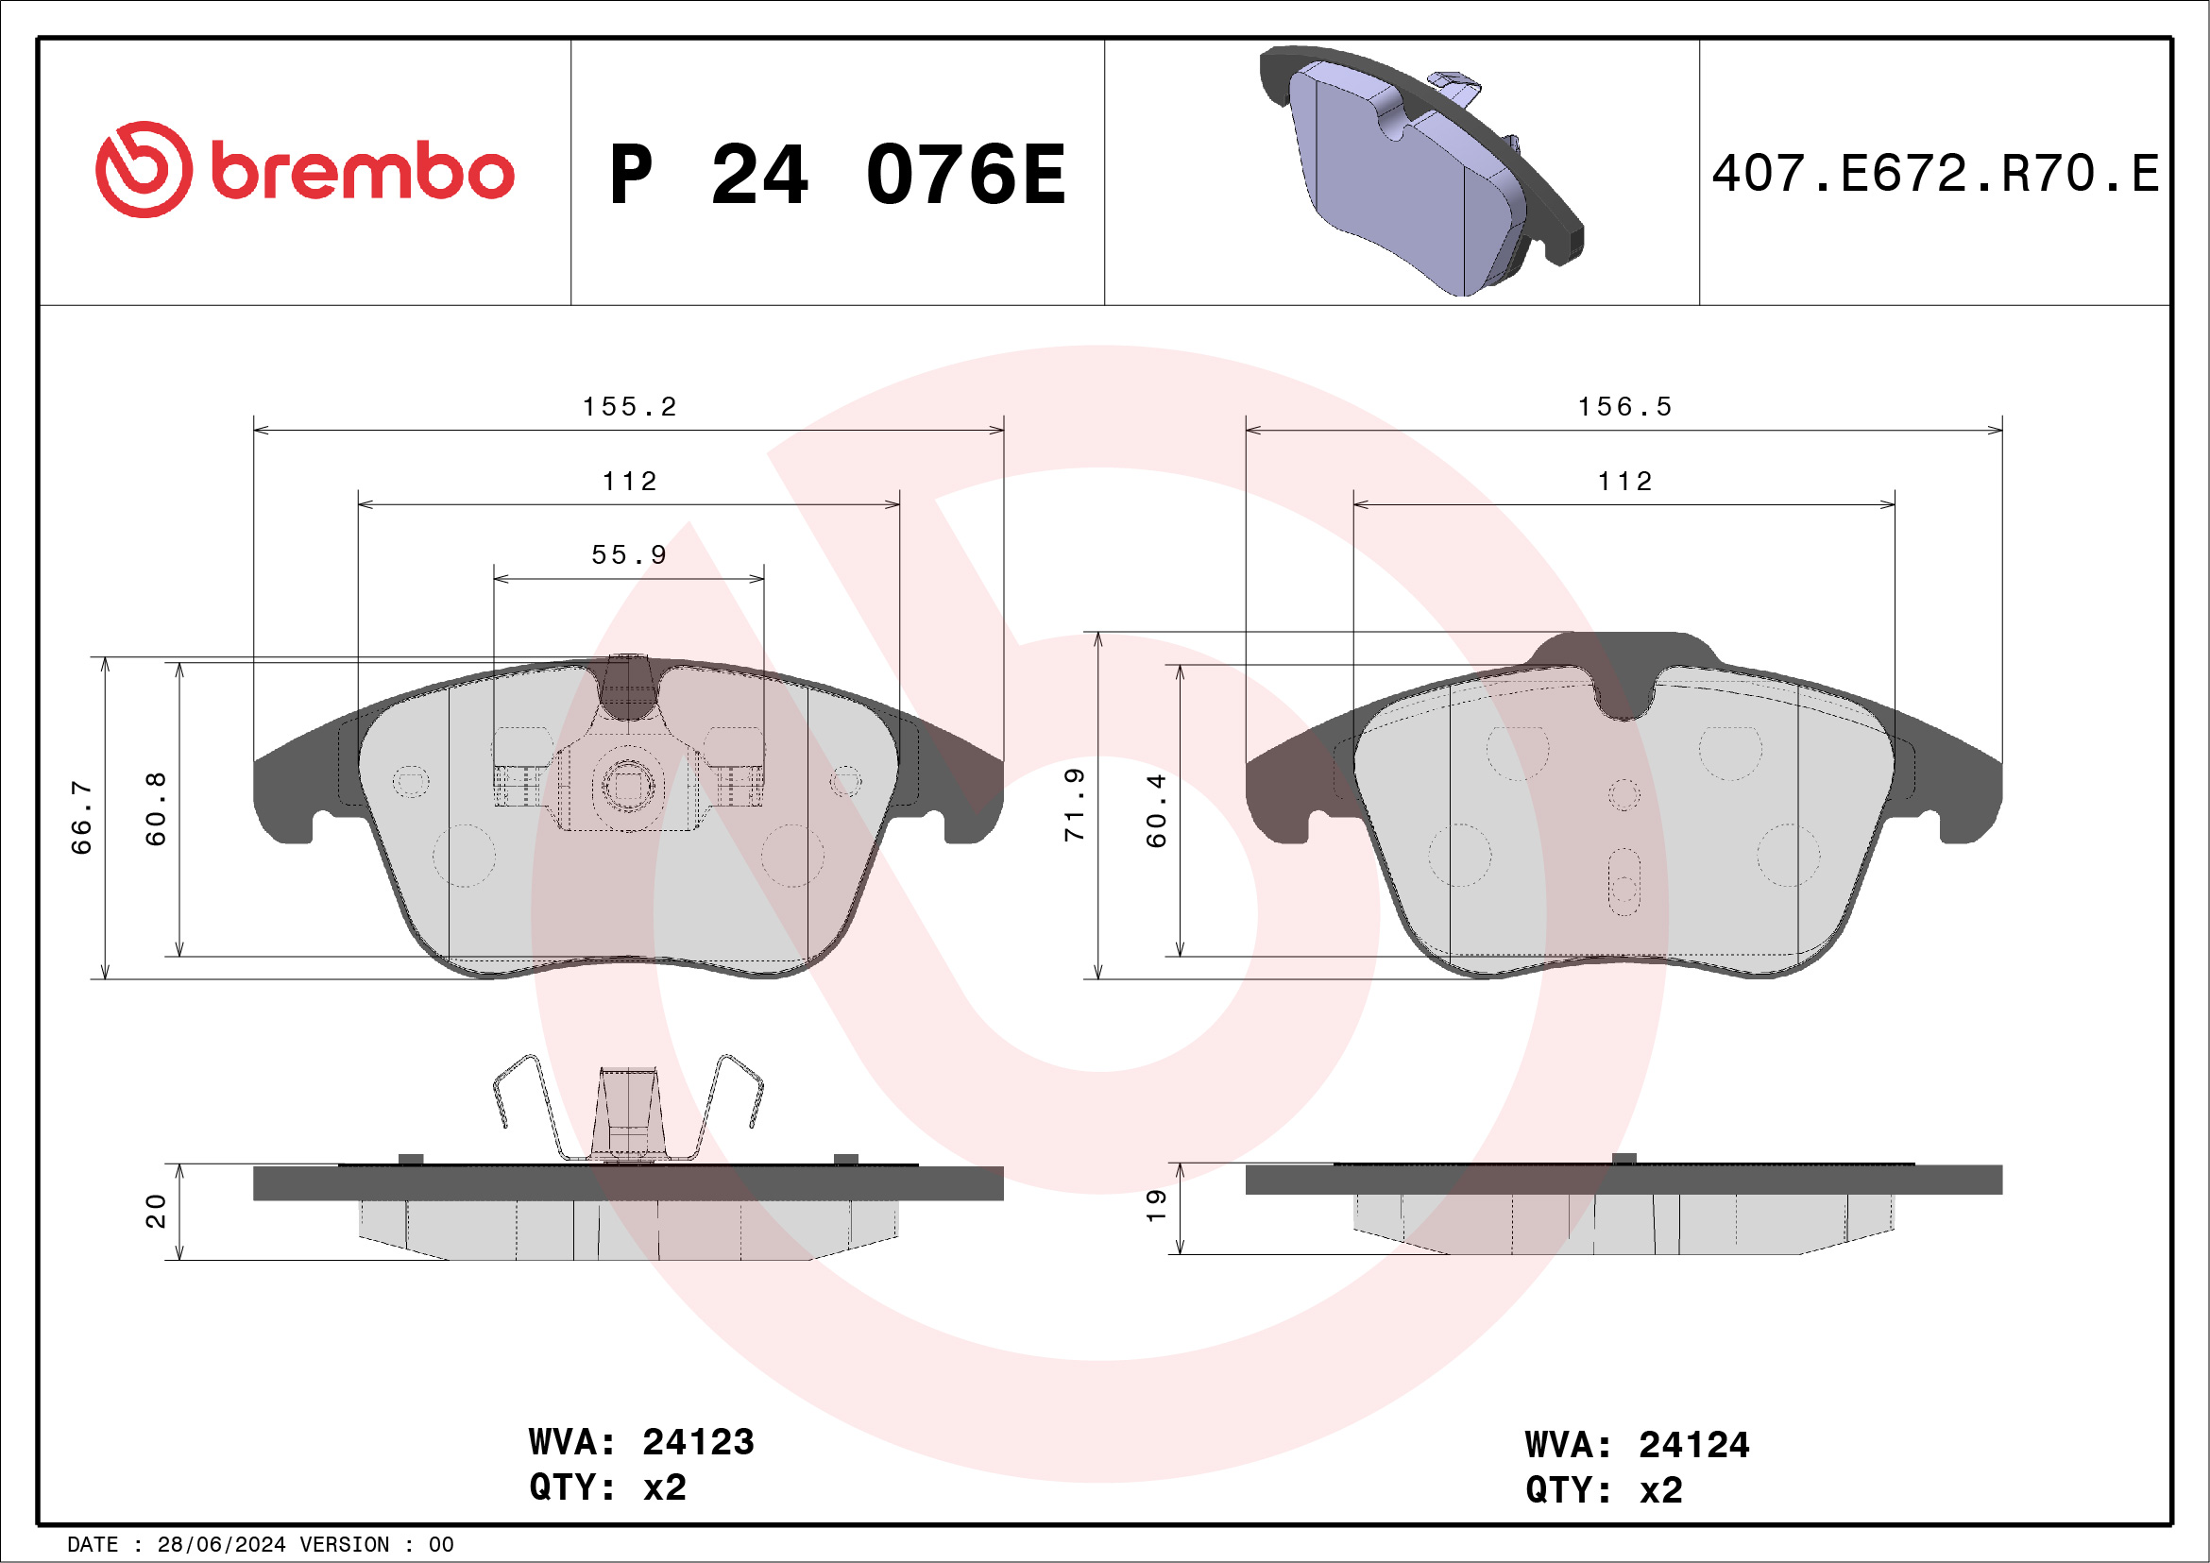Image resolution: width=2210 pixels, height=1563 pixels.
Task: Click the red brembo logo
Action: tap(304, 170)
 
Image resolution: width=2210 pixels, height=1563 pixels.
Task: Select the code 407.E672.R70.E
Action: tap(1935, 174)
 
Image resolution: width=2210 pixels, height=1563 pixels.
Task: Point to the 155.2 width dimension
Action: tap(630, 407)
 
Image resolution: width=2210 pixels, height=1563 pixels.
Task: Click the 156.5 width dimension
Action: tap(1624, 407)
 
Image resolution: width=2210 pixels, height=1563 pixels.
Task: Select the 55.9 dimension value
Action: tap(629, 555)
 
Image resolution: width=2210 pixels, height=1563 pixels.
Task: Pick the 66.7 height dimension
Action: tap(82, 818)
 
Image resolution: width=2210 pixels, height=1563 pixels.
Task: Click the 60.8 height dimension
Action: tap(156, 808)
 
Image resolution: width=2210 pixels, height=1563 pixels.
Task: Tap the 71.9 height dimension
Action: tap(1075, 805)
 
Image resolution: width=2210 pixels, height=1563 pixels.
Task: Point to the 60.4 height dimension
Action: tap(1156, 810)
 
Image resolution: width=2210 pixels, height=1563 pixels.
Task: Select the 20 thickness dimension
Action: tap(156, 1211)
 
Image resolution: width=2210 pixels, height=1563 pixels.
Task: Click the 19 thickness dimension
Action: tap(1156, 1205)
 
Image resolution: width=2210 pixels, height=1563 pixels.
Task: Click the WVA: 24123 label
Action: tap(641, 1443)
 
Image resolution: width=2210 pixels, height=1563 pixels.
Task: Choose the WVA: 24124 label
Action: tap(1637, 1446)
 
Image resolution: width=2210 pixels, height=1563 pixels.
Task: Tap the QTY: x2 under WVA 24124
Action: tap(1604, 1491)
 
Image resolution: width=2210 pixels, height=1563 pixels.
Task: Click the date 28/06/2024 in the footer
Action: tap(221, 1545)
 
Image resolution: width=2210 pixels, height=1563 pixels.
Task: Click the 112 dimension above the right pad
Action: tap(1624, 482)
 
